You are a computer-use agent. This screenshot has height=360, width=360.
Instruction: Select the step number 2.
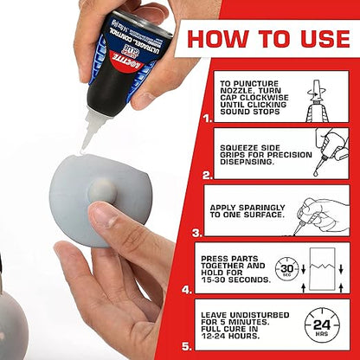206,174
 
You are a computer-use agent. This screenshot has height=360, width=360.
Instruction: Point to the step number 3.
196,232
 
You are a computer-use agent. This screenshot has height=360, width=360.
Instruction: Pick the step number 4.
186,290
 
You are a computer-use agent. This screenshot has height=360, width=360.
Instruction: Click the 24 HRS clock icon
321,325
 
